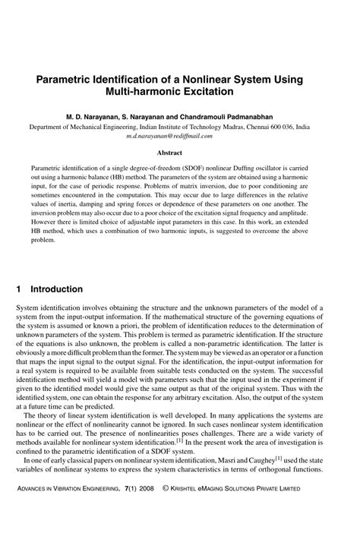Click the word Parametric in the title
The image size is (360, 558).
[66, 80]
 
